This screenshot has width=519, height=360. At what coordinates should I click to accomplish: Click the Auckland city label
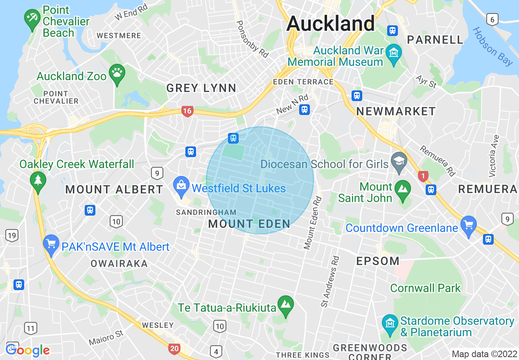[x=330, y=24]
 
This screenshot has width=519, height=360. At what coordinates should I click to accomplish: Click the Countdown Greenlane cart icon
[x=469, y=226]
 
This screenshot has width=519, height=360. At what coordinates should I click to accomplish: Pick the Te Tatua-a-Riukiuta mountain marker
[x=286, y=306]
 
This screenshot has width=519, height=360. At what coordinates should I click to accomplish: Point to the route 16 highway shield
[x=187, y=111]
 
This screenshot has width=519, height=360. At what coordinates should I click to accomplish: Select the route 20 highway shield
[x=174, y=349]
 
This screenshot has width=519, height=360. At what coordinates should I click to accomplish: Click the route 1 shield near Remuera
[x=423, y=176]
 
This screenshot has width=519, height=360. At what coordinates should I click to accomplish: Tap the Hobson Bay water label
[x=492, y=47]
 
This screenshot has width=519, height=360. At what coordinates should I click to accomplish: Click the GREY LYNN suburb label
[x=201, y=88]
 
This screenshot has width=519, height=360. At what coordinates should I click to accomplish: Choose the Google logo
[x=28, y=350]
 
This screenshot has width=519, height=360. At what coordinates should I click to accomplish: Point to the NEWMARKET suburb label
[x=396, y=111]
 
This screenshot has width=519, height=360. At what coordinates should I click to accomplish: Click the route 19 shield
[x=12, y=235]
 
